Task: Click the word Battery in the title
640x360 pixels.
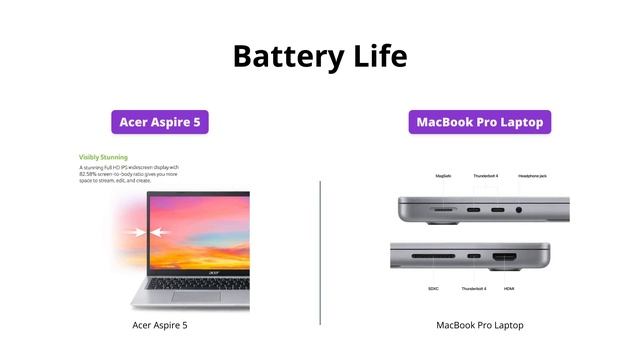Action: coord(284,56)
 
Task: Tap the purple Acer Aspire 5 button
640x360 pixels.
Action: coord(160,122)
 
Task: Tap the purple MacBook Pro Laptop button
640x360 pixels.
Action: coord(480,122)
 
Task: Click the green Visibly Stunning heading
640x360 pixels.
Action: coord(103,157)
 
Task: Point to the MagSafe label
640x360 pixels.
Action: coord(443,176)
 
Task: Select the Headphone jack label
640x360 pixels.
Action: coord(532,176)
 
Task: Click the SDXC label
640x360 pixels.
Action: coord(433,289)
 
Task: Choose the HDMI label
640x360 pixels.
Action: coord(509,289)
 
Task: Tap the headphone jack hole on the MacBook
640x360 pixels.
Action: coord(519,211)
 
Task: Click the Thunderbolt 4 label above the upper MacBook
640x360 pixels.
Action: coord(485,176)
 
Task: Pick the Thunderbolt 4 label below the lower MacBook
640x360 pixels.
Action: coord(473,289)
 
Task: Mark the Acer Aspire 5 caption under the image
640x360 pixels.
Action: coord(160,325)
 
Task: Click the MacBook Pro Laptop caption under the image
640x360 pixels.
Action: coord(480,325)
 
